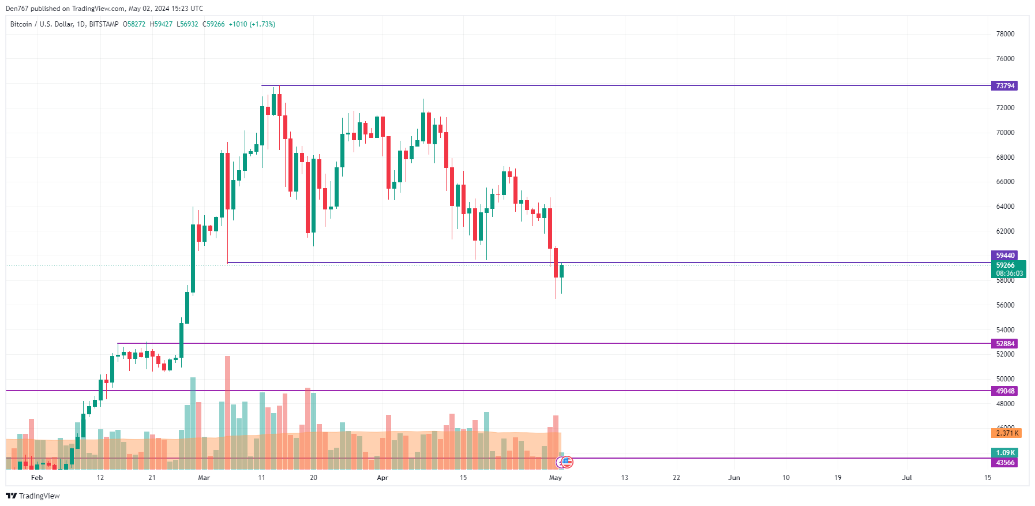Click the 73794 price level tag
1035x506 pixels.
point(1004,86)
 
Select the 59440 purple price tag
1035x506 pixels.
point(1004,256)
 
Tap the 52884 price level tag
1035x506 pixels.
point(1004,344)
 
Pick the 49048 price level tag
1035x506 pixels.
point(1004,391)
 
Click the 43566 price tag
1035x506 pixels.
point(1004,463)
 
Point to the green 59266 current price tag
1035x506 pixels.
point(1008,269)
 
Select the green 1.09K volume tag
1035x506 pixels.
point(1004,453)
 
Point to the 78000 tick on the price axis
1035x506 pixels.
point(1005,34)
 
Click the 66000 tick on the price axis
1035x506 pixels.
point(1005,182)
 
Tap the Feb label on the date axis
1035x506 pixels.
point(37,478)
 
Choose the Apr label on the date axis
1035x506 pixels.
point(382,478)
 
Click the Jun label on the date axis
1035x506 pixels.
point(734,478)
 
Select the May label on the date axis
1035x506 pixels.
point(556,478)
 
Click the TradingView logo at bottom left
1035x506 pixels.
point(33,496)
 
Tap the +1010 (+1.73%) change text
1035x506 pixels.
point(252,24)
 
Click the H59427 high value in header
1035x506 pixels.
point(161,24)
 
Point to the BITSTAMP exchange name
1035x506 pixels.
point(104,24)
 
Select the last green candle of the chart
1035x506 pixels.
point(561,271)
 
